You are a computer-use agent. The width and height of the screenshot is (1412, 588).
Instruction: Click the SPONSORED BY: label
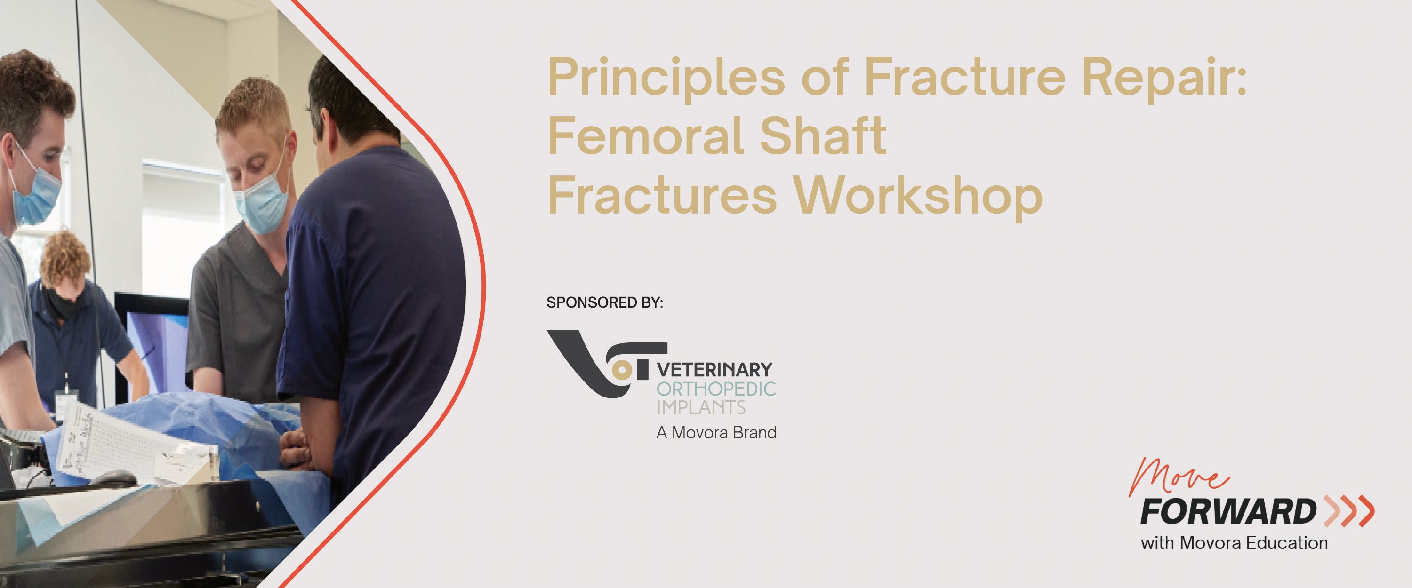click(605, 302)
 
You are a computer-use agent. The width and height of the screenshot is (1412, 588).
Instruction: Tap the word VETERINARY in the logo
click(715, 369)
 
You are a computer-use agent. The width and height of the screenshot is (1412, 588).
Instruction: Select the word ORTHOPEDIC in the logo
click(716, 389)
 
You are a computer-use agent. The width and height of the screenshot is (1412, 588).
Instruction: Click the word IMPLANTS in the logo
click(701, 408)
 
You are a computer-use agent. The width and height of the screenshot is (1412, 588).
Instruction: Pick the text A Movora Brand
click(716, 433)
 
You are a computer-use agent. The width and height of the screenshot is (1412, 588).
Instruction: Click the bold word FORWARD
click(1228, 512)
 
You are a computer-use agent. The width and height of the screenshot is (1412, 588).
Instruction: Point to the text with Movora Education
click(1235, 543)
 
